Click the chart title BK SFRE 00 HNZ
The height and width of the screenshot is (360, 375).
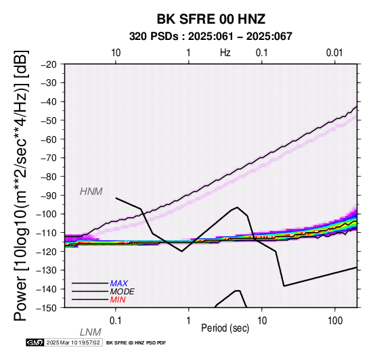[x=211, y=19]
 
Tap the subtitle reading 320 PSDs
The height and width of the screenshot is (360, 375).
[x=154, y=37]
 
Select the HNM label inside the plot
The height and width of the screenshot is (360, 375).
[x=91, y=192]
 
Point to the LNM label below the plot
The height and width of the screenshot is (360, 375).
[x=91, y=332]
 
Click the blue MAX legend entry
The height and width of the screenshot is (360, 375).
[x=119, y=284]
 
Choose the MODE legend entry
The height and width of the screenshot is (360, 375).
[x=123, y=292]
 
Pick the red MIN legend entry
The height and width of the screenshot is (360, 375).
[x=118, y=300]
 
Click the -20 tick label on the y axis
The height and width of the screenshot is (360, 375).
[x=49, y=64]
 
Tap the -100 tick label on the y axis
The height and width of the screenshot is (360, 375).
[x=46, y=214]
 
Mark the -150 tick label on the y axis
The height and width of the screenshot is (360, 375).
[x=46, y=308]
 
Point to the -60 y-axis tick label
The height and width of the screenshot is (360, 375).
[x=49, y=139]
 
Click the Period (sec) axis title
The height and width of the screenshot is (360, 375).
[x=225, y=328]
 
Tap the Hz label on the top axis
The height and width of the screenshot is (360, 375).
[x=225, y=53]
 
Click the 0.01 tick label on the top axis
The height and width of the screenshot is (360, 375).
[x=334, y=53]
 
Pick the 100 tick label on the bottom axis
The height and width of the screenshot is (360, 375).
[x=335, y=320]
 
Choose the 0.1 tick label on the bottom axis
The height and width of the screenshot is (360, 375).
[x=116, y=320]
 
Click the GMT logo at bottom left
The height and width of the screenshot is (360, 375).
[x=35, y=342]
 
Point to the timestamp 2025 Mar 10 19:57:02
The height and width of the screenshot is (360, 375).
[x=73, y=342]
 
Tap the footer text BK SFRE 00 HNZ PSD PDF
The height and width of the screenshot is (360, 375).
[x=136, y=343]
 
